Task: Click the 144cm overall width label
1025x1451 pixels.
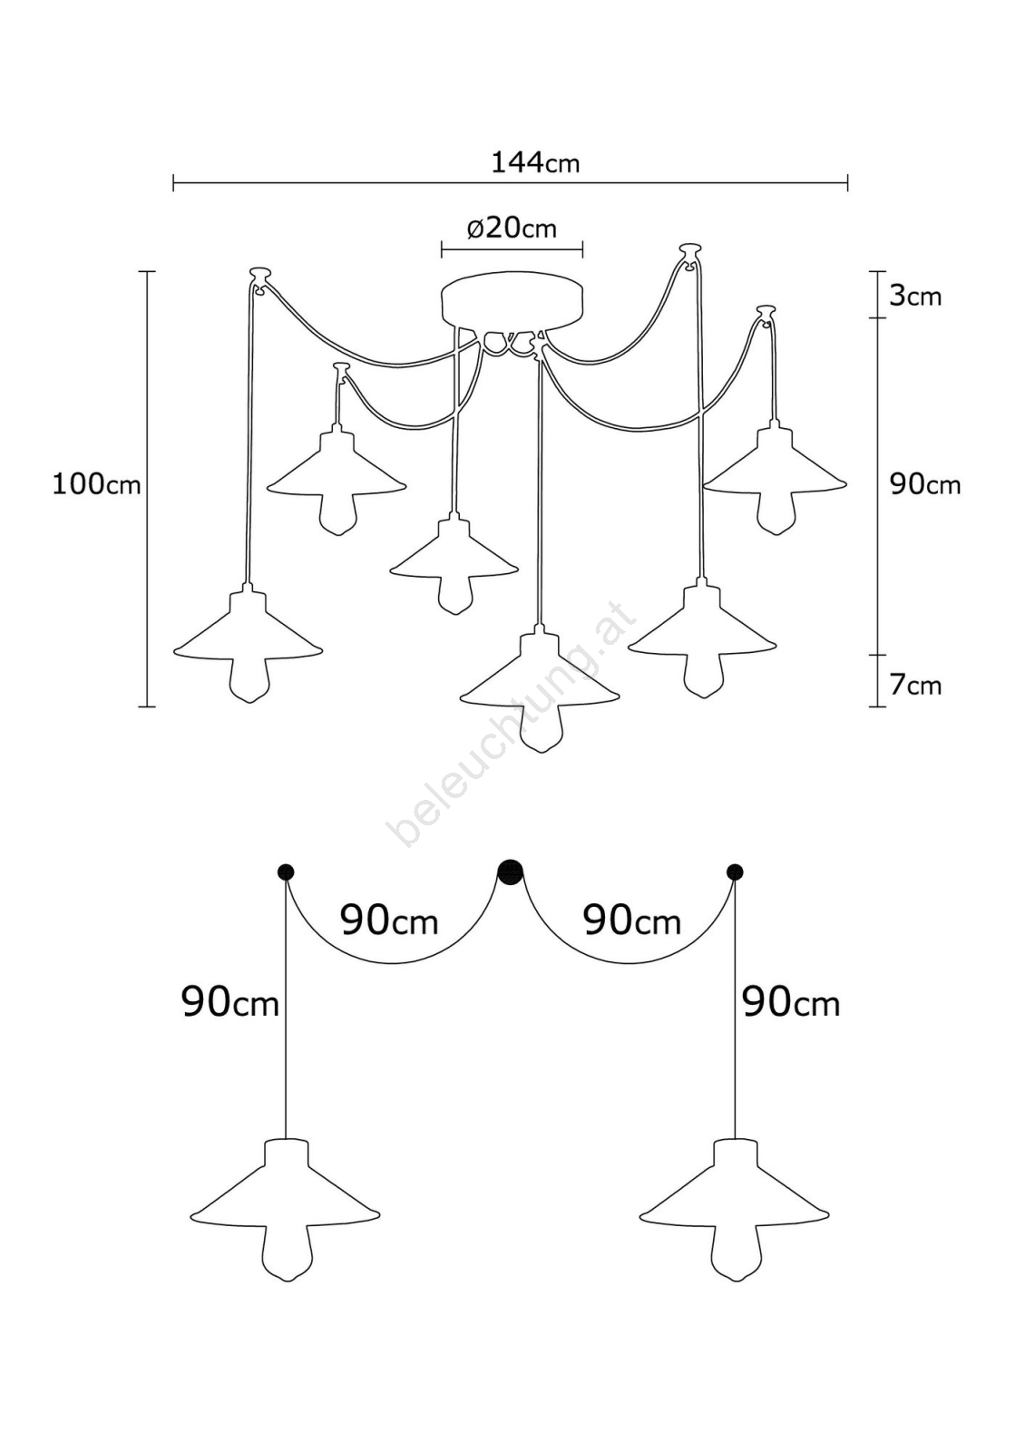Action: pos(534,162)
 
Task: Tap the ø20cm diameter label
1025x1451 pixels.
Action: pos(512,228)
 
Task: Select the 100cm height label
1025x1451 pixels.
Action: pos(96,484)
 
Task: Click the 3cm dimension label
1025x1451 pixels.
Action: pos(914,296)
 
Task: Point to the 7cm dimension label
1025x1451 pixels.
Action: pos(914,685)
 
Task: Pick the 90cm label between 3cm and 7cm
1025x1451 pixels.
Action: pos(924,484)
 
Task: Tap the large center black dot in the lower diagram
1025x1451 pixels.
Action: pos(512,872)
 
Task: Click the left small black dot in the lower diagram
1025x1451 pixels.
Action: pos(286,872)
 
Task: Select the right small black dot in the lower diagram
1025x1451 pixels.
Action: pos(735,872)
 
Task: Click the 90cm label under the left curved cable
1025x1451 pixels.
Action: pos(389,920)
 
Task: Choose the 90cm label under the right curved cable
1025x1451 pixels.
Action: pos(631,920)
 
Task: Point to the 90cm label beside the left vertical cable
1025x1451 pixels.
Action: pos(230,1002)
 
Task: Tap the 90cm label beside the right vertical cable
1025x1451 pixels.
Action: pos(791,1002)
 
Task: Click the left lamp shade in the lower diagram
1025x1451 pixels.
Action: pos(285,1188)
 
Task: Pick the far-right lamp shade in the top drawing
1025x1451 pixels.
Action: pos(775,463)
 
